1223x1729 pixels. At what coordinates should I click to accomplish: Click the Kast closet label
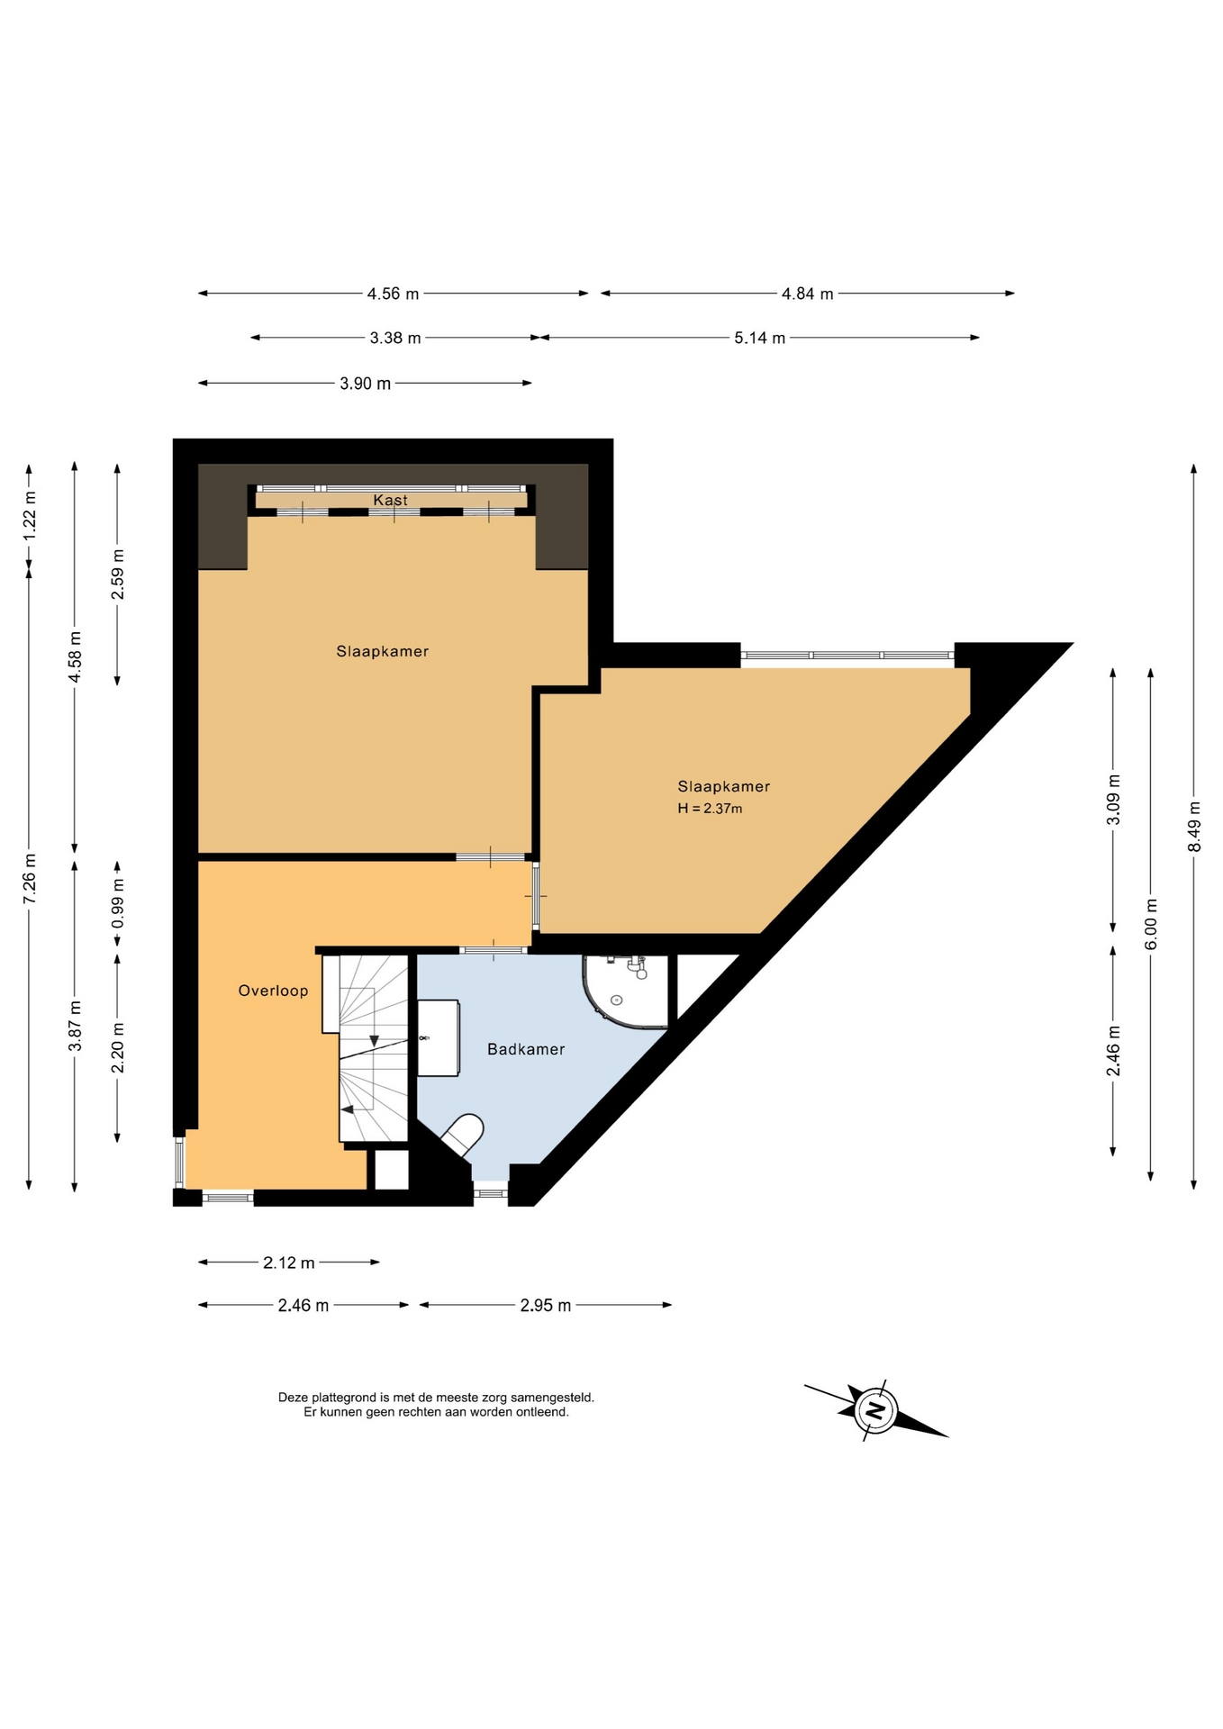point(390,500)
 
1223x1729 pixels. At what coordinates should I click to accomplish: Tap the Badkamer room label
point(526,1049)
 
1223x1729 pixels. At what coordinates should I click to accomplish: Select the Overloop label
point(273,991)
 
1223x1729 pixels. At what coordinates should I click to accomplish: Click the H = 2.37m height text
point(710,809)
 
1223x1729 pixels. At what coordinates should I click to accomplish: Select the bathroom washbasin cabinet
point(439,1037)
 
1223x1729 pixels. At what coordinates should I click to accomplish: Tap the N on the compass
point(875,1409)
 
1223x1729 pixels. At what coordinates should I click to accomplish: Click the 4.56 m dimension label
point(393,294)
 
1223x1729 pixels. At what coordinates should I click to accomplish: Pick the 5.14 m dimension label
point(759,339)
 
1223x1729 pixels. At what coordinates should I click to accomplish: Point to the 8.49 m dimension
point(1194,827)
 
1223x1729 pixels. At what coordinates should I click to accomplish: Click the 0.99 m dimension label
point(117,904)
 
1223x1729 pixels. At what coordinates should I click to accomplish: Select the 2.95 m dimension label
point(545,1306)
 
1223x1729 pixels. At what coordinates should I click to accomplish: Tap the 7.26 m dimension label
point(29,877)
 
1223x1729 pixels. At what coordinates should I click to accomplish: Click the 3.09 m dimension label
point(1114,800)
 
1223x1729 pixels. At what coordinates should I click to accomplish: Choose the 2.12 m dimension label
point(288,1263)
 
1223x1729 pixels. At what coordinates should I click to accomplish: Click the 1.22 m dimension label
point(29,515)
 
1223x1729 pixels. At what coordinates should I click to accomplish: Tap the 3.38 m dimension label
point(395,339)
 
